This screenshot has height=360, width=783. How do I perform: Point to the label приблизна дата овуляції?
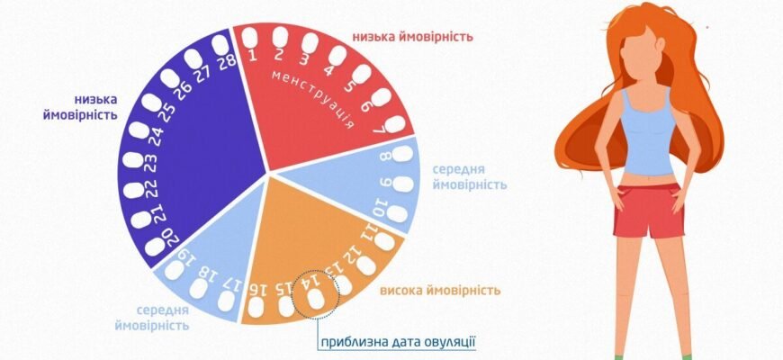397,342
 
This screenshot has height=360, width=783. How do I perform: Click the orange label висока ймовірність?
440,290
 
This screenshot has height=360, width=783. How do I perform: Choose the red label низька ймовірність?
413,37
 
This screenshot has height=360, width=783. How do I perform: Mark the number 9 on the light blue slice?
385,184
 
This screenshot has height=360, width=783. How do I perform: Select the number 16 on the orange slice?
259,287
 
